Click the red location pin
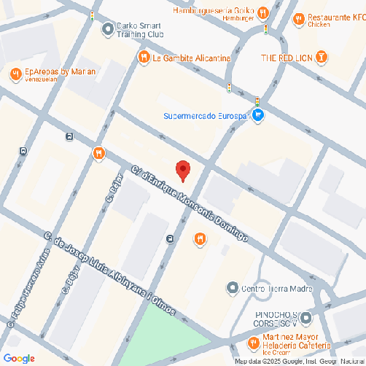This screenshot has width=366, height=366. (184, 170)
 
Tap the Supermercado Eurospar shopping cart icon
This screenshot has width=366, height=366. (258, 115)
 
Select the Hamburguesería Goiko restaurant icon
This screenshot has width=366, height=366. (263, 12)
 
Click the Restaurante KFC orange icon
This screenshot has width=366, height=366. (298, 19)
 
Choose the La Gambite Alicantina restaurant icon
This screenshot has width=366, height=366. (144, 56)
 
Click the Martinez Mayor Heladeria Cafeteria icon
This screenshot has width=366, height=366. (252, 341)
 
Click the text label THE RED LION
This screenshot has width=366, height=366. (287, 57)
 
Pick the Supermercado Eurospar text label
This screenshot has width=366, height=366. (206, 116)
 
